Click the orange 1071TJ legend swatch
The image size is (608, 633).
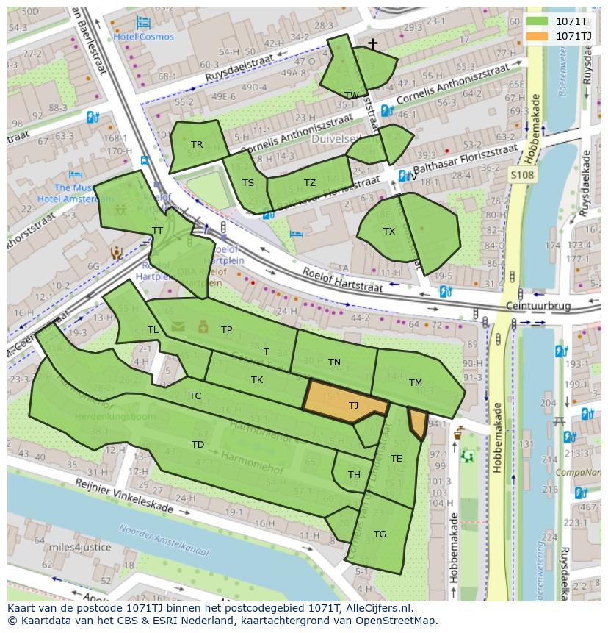click(537, 36)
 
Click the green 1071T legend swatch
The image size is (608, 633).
click(537, 21)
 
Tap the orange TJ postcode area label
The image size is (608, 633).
click(353, 405)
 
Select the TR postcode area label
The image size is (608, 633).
click(197, 145)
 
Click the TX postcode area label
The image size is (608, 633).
click(389, 231)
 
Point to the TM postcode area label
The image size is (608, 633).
click(416, 382)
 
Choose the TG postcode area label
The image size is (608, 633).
click(380, 534)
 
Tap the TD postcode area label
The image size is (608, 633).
click(198, 444)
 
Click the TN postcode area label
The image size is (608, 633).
click(334, 362)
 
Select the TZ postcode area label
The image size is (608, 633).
click(310, 183)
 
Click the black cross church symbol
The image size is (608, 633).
click(372, 45)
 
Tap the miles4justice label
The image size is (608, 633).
click(81, 547)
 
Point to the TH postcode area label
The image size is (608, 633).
click(354, 474)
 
